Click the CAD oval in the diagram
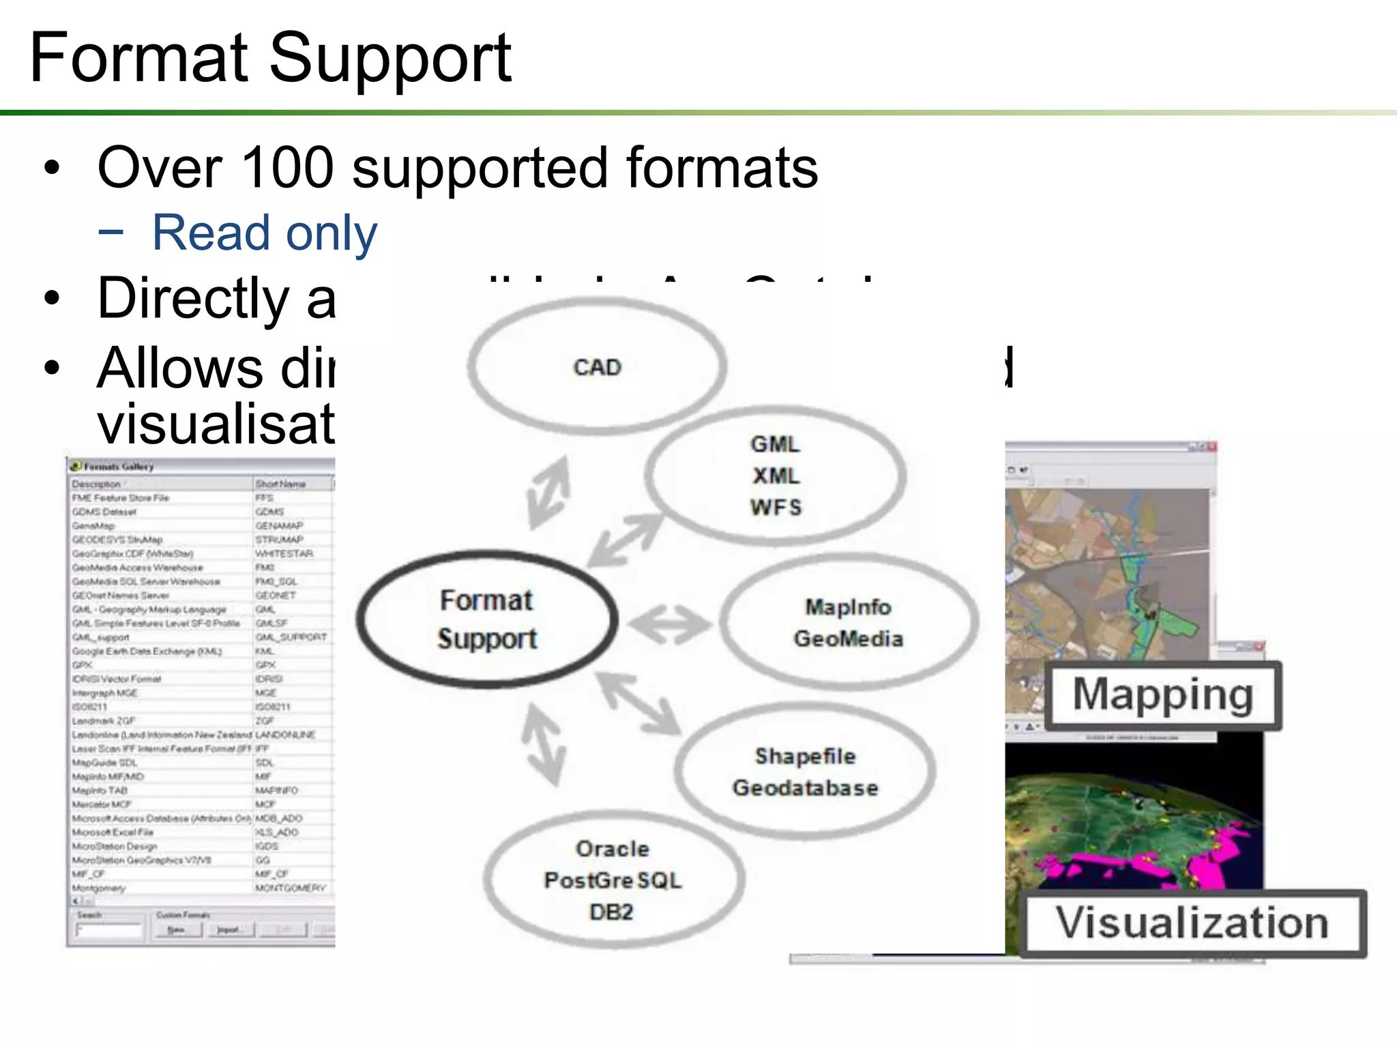[597, 367]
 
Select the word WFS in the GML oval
[776, 508]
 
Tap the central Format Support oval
[487, 620]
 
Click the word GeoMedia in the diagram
[848, 639]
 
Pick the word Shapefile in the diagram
[805, 756]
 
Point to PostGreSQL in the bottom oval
[613, 880]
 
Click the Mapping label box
[1162, 695]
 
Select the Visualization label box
[1192, 922]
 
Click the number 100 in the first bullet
[286, 168]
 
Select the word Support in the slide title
[390, 59]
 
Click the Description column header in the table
[96, 484]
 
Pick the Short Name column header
[280, 484]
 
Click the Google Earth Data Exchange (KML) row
[147, 651]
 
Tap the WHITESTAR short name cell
[284, 553]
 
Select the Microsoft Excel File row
[113, 832]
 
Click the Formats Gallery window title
[119, 467]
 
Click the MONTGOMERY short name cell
[290, 888]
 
